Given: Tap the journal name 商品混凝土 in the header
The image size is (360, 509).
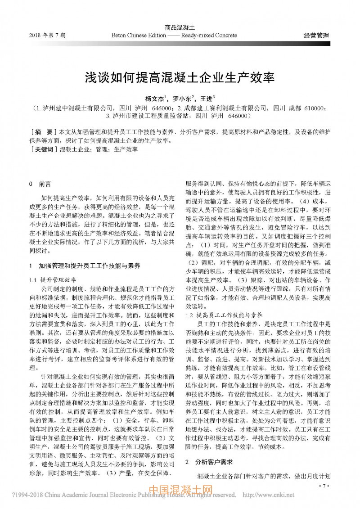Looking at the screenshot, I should [x=180, y=27].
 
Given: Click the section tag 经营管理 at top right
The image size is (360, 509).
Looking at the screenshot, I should [x=316, y=35].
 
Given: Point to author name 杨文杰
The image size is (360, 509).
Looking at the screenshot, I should [x=154, y=98].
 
